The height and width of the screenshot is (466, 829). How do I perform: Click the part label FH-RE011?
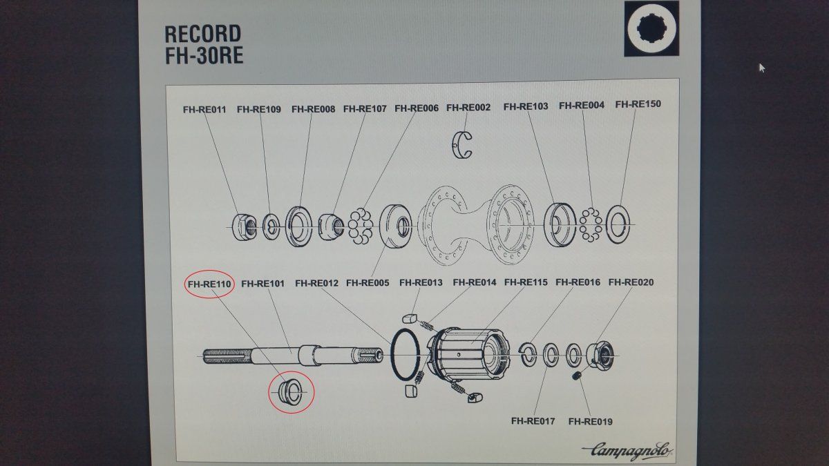pyautogui.click(x=204, y=110)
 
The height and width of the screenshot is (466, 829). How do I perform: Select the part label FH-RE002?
pyautogui.click(x=468, y=108)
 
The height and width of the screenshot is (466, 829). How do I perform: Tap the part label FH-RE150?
pyautogui.click(x=638, y=104)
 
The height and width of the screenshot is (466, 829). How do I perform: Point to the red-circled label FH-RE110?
pyautogui.click(x=209, y=284)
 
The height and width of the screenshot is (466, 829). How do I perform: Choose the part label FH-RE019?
pyautogui.click(x=590, y=422)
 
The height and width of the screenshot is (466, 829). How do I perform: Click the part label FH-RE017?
pyautogui.click(x=533, y=421)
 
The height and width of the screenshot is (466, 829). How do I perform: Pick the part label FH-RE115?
pyautogui.click(x=526, y=282)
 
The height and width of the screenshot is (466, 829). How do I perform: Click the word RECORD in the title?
pyautogui.click(x=203, y=34)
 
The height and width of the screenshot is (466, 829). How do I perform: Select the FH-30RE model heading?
pyautogui.click(x=204, y=56)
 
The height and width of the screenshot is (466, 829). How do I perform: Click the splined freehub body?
pyautogui.click(x=468, y=353)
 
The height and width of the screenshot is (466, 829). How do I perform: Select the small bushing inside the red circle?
pyautogui.click(x=289, y=391)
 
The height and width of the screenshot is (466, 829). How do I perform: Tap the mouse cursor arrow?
pyautogui.click(x=761, y=68)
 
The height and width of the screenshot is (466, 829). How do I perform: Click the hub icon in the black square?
pyautogui.click(x=651, y=28)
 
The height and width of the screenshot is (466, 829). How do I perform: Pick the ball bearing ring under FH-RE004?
pyautogui.click(x=591, y=225)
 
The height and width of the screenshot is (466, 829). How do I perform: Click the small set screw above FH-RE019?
pyautogui.click(x=576, y=376)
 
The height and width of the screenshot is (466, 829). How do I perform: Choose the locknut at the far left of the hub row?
pyautogui.click(x=245, y=226)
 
